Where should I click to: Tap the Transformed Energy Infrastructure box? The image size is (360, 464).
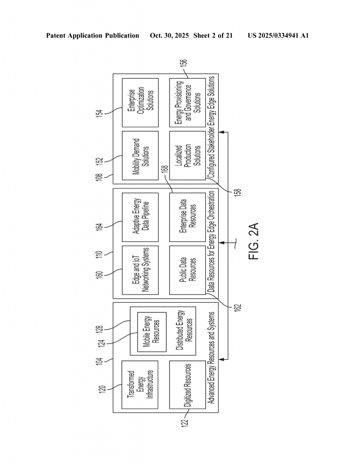point(141,385)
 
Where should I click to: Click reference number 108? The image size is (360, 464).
point(105,176)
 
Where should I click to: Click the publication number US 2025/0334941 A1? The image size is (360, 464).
point(278,35)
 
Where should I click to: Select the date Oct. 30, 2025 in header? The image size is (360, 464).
point(168,35)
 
